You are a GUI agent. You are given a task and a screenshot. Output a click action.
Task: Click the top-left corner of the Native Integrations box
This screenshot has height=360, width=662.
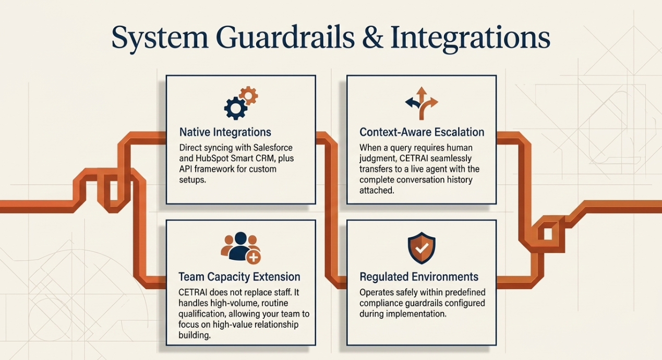(x=166, y=76)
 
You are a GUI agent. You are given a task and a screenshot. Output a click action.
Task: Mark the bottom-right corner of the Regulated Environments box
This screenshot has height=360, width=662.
(x=496, y=345)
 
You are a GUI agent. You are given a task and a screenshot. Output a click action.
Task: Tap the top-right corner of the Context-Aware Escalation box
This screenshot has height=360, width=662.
(x=496, y=76)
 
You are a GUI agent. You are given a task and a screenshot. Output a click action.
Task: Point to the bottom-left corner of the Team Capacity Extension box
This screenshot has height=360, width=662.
(x=166, y=345)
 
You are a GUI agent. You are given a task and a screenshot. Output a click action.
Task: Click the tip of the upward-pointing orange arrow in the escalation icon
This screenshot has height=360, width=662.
(x=422, y=87)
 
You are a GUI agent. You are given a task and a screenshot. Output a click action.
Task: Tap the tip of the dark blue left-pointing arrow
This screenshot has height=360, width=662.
(x=405, y=103)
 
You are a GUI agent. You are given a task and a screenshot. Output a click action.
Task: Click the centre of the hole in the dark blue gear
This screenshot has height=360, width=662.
(x=235, y=108)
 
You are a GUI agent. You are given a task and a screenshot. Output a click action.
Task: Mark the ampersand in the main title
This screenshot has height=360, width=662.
(x=372, y=38)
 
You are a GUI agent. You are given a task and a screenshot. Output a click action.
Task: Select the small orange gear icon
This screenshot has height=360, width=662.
(x=248, y=95)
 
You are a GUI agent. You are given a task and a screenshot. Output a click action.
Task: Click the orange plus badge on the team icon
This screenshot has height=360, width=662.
(x=254, y=257)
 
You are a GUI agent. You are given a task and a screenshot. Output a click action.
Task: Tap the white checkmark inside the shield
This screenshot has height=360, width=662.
(x=422, y=248)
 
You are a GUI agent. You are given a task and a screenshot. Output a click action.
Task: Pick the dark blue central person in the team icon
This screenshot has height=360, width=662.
(x=241, y=246)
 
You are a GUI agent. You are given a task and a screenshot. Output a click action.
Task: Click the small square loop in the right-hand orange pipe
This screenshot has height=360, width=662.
(x=548, y=234)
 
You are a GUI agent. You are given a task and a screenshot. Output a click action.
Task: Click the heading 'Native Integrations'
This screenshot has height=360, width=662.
(x=225, y=132)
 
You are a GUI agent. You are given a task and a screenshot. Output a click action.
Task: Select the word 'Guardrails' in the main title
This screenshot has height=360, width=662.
(x=285, y=38)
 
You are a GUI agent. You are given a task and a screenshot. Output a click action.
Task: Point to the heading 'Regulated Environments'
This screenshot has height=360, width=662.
(x=419, y=277)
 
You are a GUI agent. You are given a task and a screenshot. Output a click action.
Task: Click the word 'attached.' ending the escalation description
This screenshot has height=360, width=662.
(x=377, y=190)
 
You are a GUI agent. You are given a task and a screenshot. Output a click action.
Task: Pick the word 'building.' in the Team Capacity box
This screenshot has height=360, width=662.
(x=195, y=335)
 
